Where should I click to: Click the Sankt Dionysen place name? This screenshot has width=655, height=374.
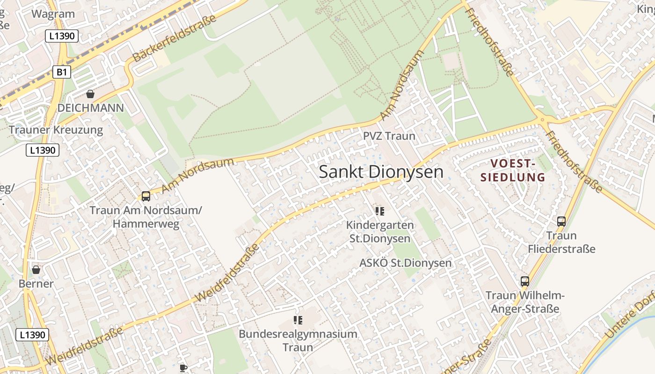click(x=381, y=172)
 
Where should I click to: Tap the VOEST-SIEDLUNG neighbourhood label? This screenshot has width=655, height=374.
click(x=518, y=170)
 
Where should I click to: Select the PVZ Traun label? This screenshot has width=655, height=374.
click(x=389, y=136)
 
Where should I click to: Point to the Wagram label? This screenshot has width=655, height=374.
click(x=53, y=14)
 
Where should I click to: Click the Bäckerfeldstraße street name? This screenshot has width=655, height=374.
click(x=175, y=38)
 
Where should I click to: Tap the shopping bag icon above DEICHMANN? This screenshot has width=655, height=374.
click(x=90, y=94)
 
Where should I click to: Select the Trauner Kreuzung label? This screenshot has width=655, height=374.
click(x=56, y=130)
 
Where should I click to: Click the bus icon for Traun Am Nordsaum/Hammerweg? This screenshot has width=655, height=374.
click(x=146, y=196)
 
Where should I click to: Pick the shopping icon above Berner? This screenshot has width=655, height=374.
click(x=36, y=270)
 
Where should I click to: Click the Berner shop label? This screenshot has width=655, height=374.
click(x=36, y=284)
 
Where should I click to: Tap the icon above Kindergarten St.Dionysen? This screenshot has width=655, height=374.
click(x=380, y=211)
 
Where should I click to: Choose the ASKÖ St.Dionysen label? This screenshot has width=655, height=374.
click(x=405, y=263)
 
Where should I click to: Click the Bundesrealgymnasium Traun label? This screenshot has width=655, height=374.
click(x=298, y=340)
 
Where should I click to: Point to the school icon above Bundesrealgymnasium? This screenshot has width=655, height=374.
click(x=298, y=320)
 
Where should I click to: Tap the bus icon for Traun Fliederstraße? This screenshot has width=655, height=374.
click(x=561, y=222)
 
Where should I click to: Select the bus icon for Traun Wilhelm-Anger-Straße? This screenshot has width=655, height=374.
click(x=525, y=281)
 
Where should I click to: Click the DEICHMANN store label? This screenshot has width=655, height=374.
click(x=90, y=108)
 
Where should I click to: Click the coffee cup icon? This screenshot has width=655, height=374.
click(x=183, y=368)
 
